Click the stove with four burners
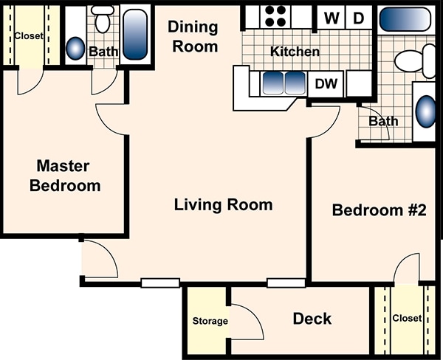(275, 16)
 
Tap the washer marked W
(332, 18)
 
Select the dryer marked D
(359, 18)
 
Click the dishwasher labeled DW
(326, 84)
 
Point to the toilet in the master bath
(103, 19)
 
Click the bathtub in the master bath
(135, 35)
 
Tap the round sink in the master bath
(75, 48)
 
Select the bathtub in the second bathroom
(405, 19)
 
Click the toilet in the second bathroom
(415, 60)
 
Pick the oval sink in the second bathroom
(426, 111)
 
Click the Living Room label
(223, 204)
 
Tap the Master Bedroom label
(65, 176)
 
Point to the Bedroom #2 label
(380, 210)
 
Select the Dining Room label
(193, 37)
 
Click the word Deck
(312, 319)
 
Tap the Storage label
(210, 321)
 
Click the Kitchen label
(295, 52)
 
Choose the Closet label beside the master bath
(29, 36)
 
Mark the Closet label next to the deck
(407, 318)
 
